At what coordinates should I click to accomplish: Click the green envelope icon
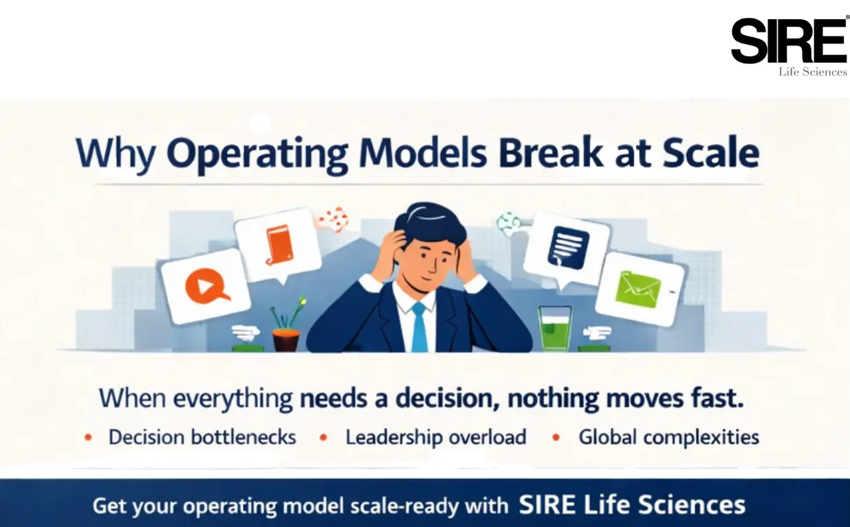637,288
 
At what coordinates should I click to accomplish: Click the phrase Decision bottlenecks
202,437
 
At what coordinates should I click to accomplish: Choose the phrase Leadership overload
436,437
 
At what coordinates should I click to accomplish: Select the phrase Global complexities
668,437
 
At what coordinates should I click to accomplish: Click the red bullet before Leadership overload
323,438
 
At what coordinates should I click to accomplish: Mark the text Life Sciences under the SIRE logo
812,72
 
